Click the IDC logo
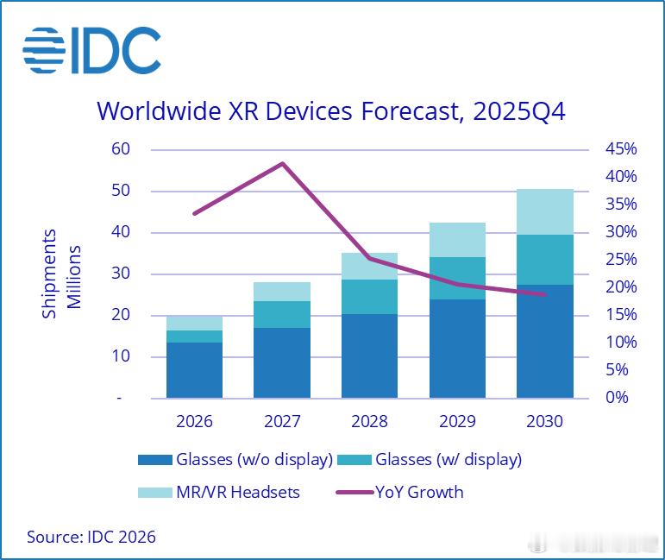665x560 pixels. [91, 49]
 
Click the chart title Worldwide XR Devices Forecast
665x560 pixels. [331, 111]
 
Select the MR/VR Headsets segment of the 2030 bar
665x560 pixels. [544, 211]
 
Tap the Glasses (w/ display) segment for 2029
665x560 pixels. [457, 278]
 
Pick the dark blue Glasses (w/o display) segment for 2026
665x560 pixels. [194, 370]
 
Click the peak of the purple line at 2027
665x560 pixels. [282, 163]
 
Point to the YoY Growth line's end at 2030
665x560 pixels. [544, 294]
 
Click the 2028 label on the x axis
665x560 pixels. [369, 422]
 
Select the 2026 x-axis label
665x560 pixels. [194, 422]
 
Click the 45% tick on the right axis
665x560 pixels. [619, 149]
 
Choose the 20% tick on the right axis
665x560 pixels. [619, 287]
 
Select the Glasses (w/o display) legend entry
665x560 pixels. [235, 459]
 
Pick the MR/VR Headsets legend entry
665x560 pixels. [219, 492]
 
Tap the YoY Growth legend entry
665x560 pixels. [401, 492]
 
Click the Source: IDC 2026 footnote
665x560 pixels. [91, 537]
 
